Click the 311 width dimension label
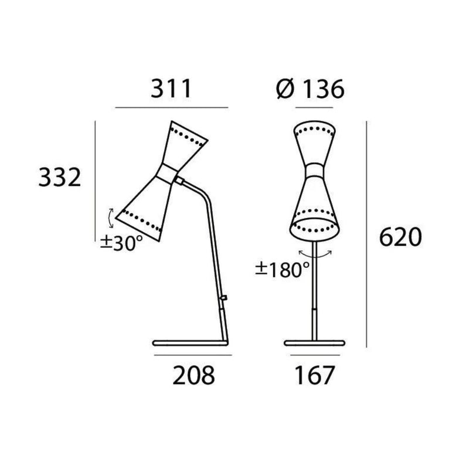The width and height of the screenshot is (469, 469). coord(172,89)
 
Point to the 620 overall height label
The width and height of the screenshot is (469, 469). coord(400,237)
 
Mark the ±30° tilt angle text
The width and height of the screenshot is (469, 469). coord(121,242)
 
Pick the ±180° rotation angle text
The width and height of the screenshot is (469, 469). coord(282,269)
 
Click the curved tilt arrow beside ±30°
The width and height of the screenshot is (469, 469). coord(110,218)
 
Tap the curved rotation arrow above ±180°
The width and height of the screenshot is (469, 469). coord(316,253)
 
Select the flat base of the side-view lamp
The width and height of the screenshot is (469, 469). coord(189,342)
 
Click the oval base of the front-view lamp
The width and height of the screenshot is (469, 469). coord(315,342)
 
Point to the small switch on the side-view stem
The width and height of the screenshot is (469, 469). coord(224,299)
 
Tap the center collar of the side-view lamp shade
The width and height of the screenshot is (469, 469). coord(169,172)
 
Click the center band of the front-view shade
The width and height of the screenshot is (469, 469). coord(315,171)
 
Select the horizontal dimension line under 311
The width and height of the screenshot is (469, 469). coord(172,108)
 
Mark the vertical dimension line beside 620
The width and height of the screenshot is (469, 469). coord(367,235)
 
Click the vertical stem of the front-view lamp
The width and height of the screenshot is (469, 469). coord(315,293)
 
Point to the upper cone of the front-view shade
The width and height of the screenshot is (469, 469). coord(315,144)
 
